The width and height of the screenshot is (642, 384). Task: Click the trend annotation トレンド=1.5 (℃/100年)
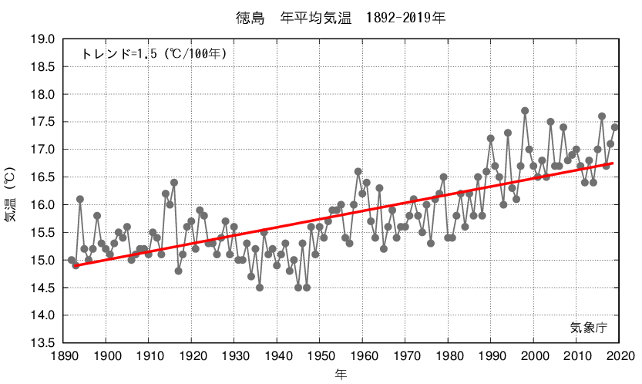(x=153, y=53)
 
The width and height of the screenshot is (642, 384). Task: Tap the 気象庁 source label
(x=589, y=327)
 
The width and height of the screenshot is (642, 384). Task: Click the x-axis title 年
(x=340, y=374)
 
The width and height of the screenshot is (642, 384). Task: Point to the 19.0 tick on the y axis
(x=43, y=39)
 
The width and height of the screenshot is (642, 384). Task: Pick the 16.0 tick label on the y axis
(x=43, y=205)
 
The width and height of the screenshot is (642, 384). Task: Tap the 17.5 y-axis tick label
(x=43, y=122)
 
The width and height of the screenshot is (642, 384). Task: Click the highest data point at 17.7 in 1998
(x=525, y=111)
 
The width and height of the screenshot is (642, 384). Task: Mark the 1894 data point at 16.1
(x=80, y=199)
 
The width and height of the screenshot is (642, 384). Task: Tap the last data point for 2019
(x=615, y=127)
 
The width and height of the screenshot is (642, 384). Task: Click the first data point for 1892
(x=72, y=260)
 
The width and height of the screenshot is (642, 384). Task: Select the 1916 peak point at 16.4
(x=174, y=183)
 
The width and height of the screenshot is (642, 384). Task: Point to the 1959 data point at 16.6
(x=358, y=171)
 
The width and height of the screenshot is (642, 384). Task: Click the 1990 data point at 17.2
(x=491, y=139)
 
